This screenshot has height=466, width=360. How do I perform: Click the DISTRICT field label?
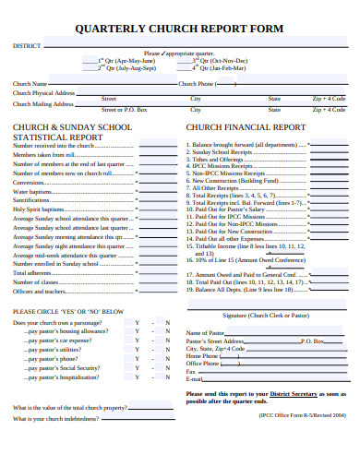(x=26, y=45)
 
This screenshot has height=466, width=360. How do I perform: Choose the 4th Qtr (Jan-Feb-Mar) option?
(x=219, y=68)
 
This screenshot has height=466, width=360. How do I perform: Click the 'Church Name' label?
(x=30, y=83)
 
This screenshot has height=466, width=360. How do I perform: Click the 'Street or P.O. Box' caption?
(x=124, y=109)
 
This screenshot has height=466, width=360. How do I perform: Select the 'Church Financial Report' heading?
(x=246, y=126)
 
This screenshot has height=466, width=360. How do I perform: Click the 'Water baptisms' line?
(x=32, y=191)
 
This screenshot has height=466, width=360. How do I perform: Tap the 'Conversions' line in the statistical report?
(x=30, y=182)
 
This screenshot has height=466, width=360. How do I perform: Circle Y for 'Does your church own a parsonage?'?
(x=137, y=322)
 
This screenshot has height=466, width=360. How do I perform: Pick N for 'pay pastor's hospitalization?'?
(x=167, y=377)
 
